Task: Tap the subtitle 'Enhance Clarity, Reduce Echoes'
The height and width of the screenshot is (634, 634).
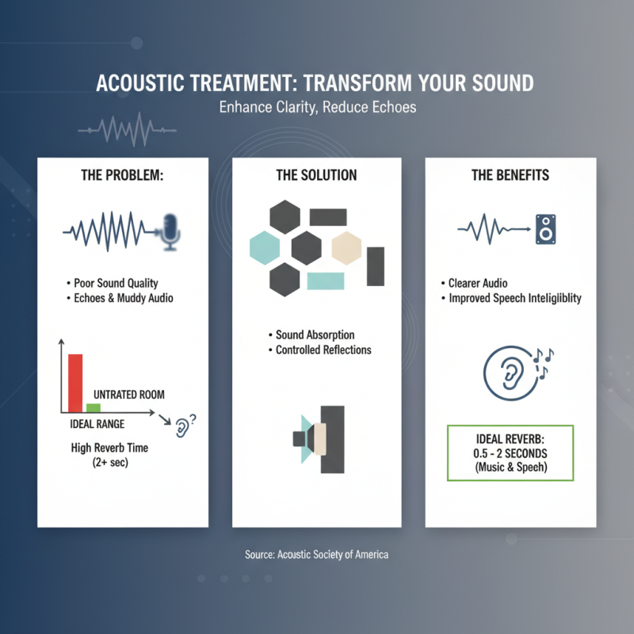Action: (317, 106)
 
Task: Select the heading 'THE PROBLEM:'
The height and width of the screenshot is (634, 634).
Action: (123, 174)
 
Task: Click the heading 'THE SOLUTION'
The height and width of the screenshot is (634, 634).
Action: (316, 174)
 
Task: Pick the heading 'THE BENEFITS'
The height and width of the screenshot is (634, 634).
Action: (510, 174)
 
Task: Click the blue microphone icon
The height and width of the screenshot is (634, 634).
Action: (171, 231)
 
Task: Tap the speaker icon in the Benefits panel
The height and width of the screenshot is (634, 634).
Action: (545, 229)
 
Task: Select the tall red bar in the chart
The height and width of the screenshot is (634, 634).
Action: (75, 383)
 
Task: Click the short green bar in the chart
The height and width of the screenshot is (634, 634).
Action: (94, 407)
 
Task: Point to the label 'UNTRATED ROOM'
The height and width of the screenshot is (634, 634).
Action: (129, 395)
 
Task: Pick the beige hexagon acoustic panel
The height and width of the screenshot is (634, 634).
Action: (346, 248)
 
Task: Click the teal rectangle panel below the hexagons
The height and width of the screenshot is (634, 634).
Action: (325, 281)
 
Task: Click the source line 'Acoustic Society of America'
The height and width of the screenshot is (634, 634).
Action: (317, 555)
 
